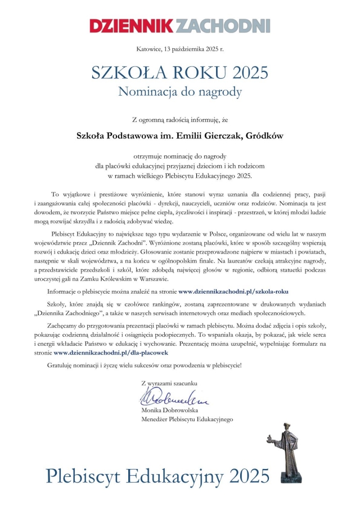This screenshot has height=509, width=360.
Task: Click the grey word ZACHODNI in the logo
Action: click(x=223, y=25)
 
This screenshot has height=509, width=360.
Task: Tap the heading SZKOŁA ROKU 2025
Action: click(x=179, y=72)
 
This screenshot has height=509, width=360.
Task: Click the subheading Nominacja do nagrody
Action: click(x=179, y=91)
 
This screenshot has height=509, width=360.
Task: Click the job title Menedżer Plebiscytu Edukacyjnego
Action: click(x=187, y=420)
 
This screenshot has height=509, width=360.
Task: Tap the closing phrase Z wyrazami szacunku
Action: click(x=169, y=384)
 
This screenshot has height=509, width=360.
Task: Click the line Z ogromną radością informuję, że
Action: click(x=179, y=119)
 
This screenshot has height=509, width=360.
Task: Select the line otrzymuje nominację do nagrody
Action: click(x=179, y=155)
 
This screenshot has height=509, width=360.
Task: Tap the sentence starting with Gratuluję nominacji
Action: click(x=145, y=366)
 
